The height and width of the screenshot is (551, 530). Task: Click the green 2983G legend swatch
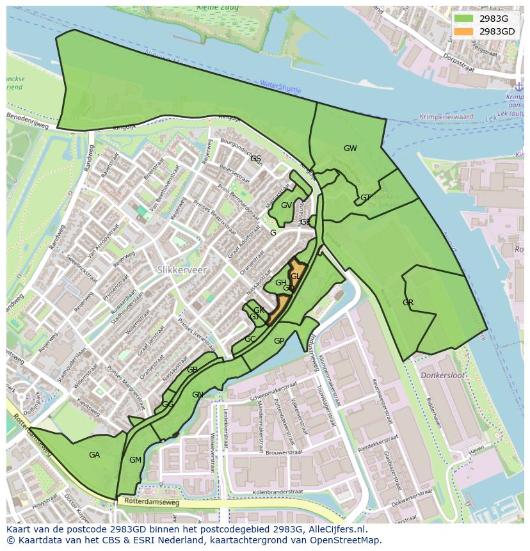463,19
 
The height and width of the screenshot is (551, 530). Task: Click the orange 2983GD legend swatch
463,31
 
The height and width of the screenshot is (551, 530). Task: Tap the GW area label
350,148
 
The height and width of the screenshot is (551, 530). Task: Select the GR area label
408,302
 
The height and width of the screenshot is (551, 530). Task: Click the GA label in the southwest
94,455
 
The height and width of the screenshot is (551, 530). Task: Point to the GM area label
135,460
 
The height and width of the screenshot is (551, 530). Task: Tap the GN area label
198,395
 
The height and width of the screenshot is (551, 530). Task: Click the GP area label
279,341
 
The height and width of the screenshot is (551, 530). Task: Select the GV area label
286,205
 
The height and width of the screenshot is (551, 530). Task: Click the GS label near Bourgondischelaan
255,158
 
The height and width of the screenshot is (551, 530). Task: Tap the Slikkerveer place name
182,271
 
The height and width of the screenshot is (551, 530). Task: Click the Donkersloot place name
442,376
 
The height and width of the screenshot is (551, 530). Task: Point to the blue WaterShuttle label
280,86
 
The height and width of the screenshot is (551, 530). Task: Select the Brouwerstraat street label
277,452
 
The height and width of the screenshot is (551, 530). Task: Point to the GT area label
365,198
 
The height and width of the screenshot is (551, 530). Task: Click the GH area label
281,283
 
